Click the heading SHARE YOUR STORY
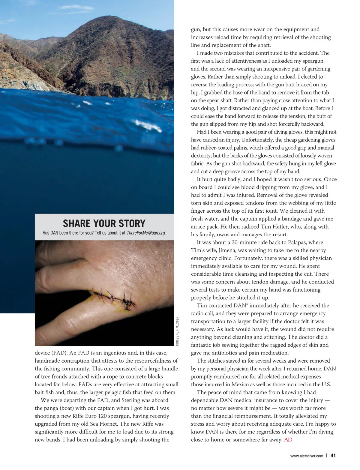tap(104, 223)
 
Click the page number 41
tap(333, 455)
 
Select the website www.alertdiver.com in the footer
tap(307, 456)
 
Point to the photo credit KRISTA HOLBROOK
tap(177, 331)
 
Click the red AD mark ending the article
tap(288, 440)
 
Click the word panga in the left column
tap(52, 408)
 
